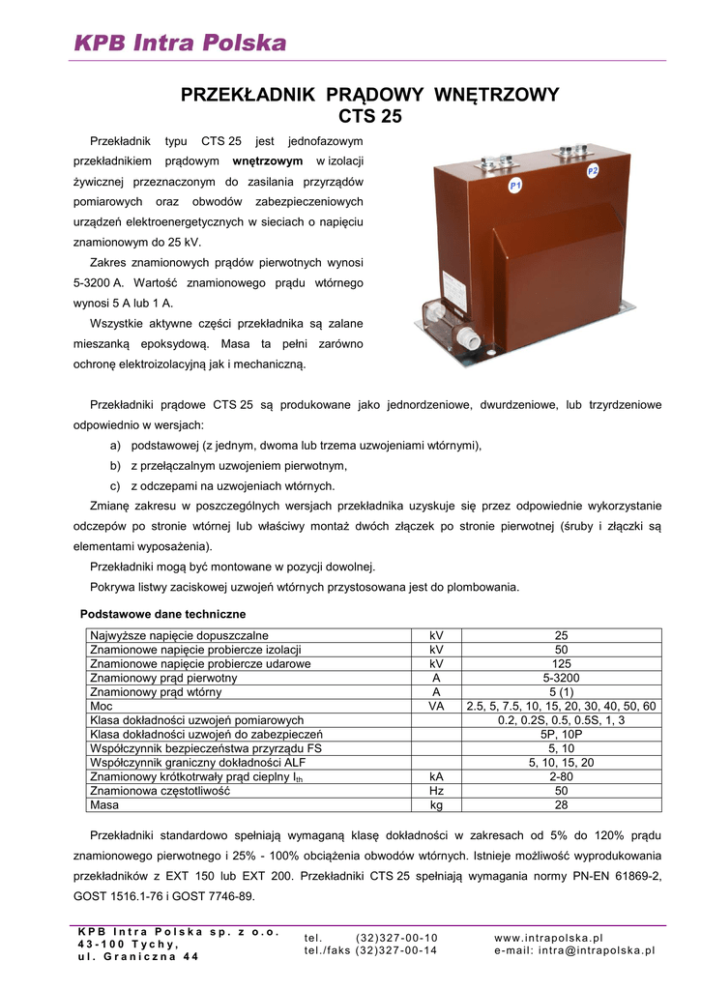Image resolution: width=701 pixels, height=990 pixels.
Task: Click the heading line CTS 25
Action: [x=369, y=118]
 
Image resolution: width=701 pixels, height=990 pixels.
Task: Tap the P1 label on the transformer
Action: [x=515, y=184]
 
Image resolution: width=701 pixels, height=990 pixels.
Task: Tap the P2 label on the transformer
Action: [x=593, y=170]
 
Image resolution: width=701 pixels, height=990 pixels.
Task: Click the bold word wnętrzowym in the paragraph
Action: [x=268, y=160]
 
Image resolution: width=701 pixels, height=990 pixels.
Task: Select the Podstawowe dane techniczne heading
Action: [x=162, y=614]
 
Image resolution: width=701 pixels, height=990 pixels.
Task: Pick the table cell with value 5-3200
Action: [x=561, y=678]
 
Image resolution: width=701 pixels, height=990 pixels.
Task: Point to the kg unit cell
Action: [x=436, y=803]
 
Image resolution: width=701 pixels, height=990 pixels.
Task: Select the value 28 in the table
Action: [x=561, y=803]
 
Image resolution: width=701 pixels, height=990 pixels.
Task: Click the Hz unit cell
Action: [x=436, y=790]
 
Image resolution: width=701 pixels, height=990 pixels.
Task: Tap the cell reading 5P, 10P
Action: [x=561, y=734]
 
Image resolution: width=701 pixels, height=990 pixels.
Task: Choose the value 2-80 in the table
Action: [x=561, y=775]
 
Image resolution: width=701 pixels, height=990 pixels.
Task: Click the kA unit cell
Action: [x=436, y=775]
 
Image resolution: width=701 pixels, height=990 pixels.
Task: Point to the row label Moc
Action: [x=102, y=706]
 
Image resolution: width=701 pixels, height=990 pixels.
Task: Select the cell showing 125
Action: [x=561, y=664]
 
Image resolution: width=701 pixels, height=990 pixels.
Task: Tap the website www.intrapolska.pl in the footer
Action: [x=548, y=938]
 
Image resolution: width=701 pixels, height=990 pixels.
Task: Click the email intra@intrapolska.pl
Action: [x=574, y=950]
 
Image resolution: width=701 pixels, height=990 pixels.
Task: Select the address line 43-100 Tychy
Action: [x=129, y=945]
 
